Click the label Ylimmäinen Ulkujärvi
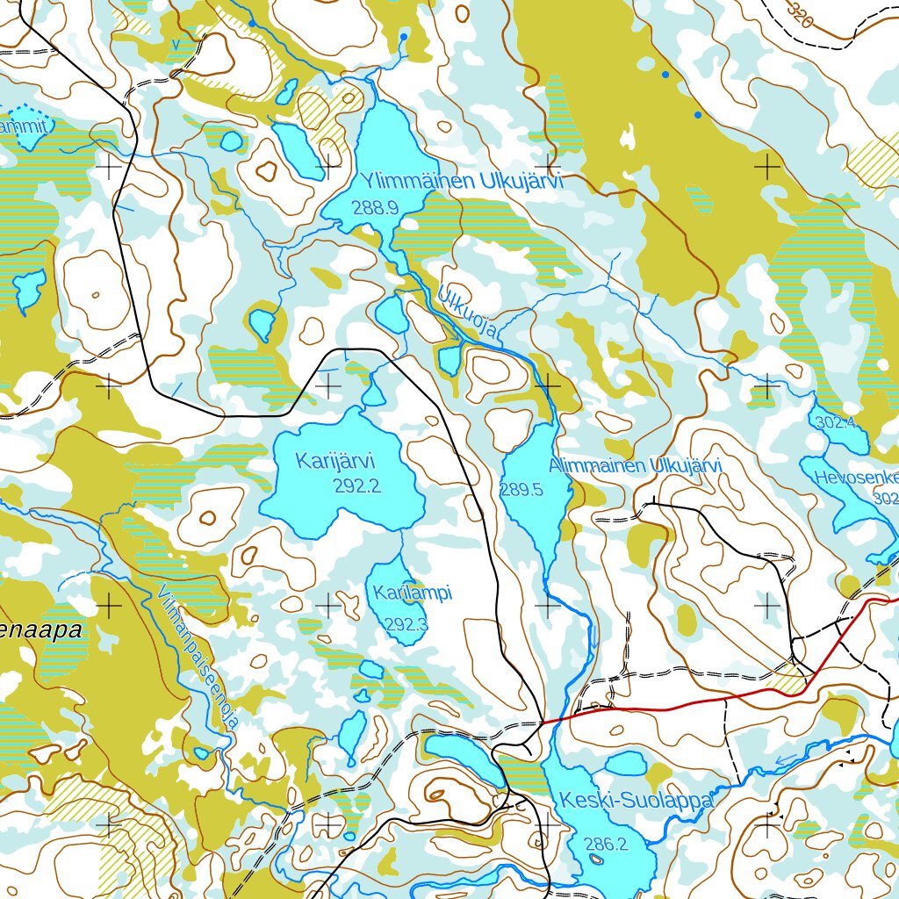coord(460,183)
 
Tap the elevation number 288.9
coord(375,208)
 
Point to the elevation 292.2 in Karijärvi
coord(356,485)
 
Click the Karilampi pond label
coord(412,594)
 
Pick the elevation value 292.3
coord(406,625)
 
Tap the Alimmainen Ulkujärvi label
coord(634,466)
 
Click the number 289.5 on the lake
coord(521,490)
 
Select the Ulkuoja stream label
coord(469,310)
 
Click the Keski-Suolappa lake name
coord(636,801)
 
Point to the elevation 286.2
coord(607,845)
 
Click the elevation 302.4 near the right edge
coord(835,423)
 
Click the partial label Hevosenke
coord(856,478)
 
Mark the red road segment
coord(667,705)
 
